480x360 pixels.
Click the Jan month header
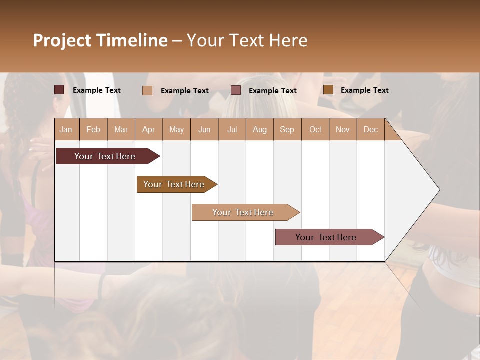pos(66,129)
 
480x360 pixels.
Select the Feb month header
pos(93,129)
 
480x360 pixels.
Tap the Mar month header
pos(121,129)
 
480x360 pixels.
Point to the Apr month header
pos(149,129)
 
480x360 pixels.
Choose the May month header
pos(176,129)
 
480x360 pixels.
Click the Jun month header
pos(204,129)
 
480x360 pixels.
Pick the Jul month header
pos(232,129)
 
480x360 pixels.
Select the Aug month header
pos(260,129)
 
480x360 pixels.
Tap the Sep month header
pos(287,129)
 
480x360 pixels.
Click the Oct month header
pos(315,129)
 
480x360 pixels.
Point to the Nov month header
pos(343,129)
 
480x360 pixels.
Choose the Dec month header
pos(371,129)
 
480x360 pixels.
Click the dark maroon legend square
pos(59,90)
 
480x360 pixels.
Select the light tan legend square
pos(147,90)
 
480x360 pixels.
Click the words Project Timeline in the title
pos(100,40)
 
